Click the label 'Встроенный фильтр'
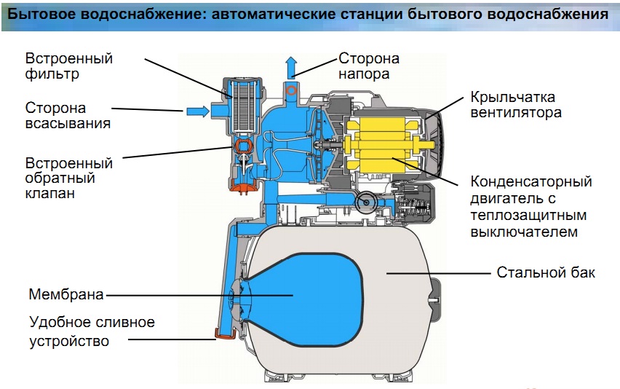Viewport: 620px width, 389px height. [69, 66]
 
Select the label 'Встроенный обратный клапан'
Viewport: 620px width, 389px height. [69, 178]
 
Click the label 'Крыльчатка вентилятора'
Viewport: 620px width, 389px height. [512, 105]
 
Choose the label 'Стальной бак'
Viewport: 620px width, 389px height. [545, 272]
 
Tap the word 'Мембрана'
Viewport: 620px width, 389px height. [66, 295]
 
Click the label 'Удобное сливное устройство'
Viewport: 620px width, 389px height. [92, 331]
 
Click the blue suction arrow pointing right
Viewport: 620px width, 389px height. [197, 111]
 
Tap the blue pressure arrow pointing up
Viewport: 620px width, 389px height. [291, 68]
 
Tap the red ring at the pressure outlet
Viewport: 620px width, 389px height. [291, 91]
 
